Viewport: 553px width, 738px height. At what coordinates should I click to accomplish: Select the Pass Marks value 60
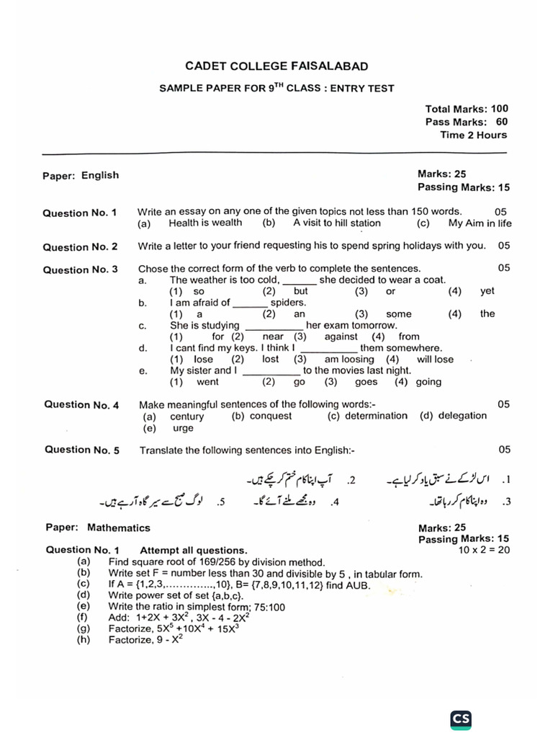pos(501,122)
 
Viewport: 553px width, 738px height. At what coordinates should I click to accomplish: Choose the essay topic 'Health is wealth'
pos(205,223)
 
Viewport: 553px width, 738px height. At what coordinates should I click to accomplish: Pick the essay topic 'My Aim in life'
pos(480,223)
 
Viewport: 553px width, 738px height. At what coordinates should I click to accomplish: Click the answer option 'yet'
pos(487,291)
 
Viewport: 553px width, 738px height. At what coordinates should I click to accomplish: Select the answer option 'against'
pos(341,337)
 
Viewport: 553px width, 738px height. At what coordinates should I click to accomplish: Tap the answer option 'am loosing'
pos(349,359)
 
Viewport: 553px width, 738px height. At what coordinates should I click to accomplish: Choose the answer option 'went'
pos(207,382)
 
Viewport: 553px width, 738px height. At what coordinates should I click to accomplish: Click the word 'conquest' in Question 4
pos(271,416)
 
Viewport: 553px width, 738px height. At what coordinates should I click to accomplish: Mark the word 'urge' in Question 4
pos(184,427)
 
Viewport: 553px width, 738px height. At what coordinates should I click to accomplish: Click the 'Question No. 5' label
pos(82,450)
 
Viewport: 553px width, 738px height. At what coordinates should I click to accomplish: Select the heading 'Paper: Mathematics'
pos(97,528)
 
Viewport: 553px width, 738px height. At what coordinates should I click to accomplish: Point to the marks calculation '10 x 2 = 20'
pos(483,550)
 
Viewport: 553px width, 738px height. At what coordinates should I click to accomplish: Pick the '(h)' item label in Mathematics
pos(83,640)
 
